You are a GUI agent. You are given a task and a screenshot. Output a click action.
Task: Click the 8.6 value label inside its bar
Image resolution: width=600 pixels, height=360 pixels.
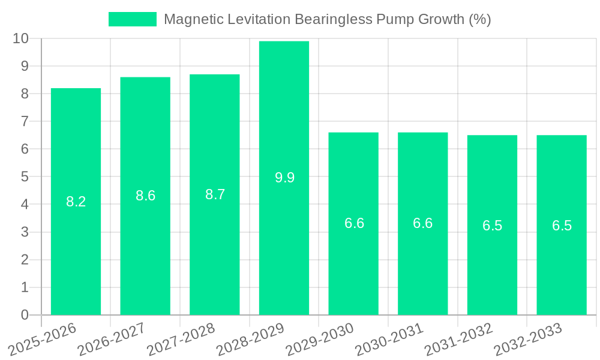click(145, 196)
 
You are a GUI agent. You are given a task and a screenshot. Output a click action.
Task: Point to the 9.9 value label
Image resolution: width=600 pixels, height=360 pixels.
click(284, 178)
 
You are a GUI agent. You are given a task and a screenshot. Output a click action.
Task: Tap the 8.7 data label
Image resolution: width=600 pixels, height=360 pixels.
click(215, 194)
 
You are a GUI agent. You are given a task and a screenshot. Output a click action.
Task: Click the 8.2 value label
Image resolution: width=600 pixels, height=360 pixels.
click(76, 202)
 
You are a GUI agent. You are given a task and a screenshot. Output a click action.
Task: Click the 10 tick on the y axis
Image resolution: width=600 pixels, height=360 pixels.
click(21, 38)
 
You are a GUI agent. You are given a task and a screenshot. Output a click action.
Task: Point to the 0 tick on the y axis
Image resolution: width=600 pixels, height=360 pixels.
click(25, 315)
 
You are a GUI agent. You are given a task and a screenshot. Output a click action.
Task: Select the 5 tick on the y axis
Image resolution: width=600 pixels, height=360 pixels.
click(25, 177)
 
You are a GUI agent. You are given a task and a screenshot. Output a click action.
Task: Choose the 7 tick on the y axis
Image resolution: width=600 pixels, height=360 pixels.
click(25, 121)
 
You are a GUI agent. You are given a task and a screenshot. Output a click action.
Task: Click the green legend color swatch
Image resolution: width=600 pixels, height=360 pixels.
click(132, 19)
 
